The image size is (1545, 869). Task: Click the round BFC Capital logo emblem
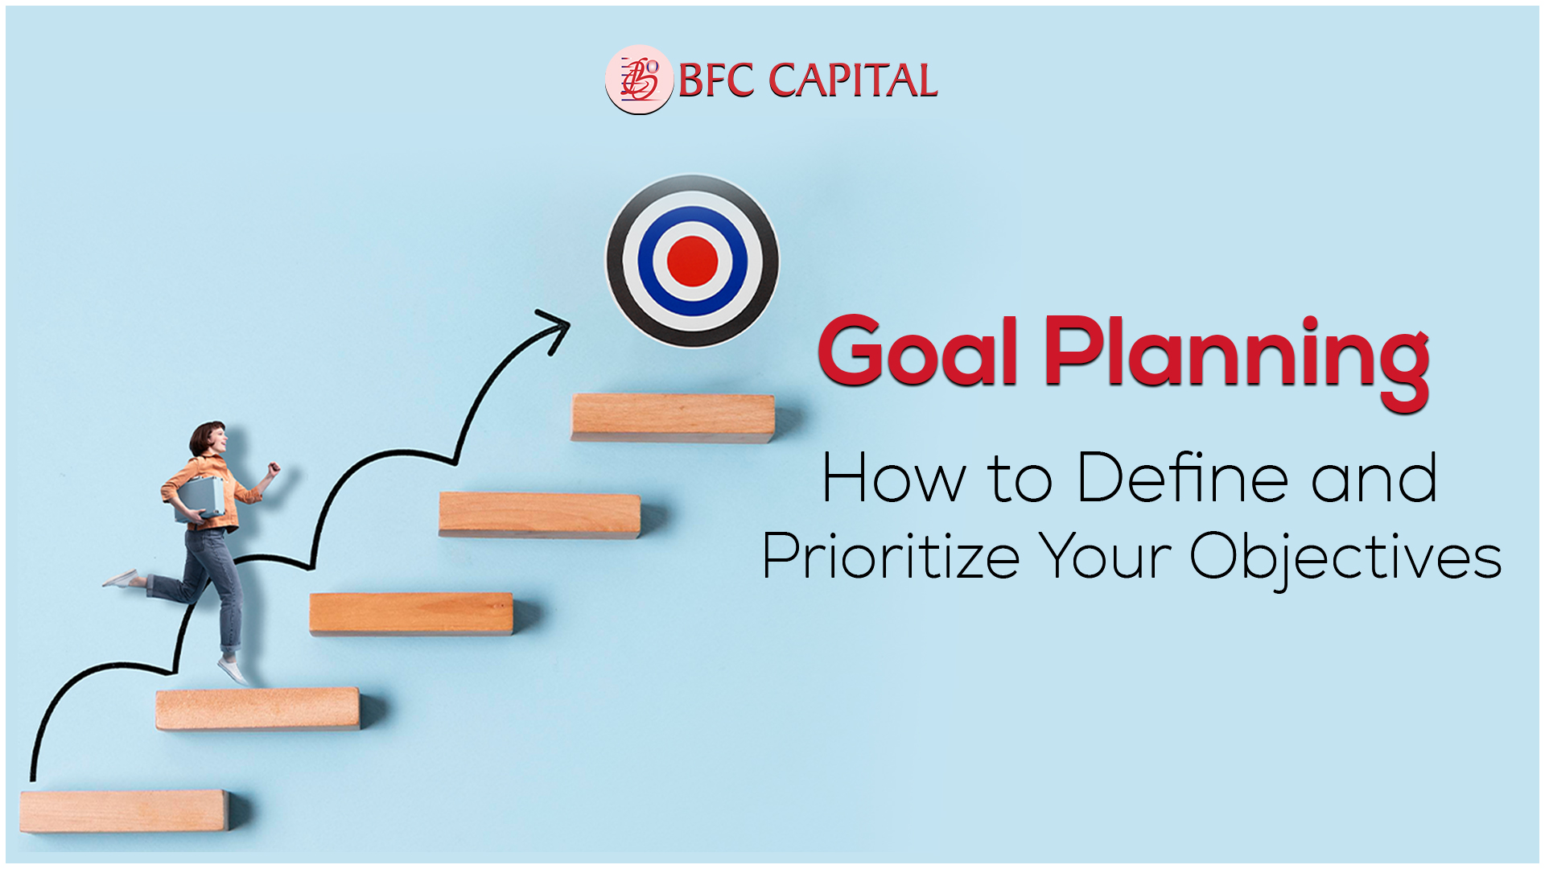point(639,80)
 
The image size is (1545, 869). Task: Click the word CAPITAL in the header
point(854,80)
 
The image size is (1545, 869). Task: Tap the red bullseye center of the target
point(692,262)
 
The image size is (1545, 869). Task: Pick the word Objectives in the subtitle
point(1345,559)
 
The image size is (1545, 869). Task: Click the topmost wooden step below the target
point(674,418)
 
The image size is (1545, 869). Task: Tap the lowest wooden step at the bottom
point(125,811)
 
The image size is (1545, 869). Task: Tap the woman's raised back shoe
point(121,578)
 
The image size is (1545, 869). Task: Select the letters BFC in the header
point(716,80)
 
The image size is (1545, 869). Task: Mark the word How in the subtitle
point(892,478)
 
